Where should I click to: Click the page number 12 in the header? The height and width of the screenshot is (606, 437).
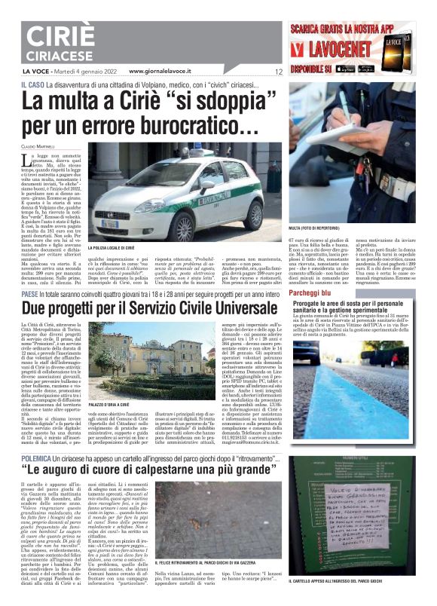coord(278,72)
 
